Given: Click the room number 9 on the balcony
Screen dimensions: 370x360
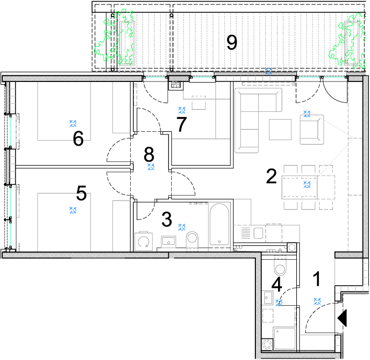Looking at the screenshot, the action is pos(232,43).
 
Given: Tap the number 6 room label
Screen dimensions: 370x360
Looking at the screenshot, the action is pos(78,138).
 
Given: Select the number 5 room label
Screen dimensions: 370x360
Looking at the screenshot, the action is pos(81,193).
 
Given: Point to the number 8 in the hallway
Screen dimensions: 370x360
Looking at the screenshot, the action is pos(149,155).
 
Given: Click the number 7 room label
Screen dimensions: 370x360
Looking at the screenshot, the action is pos(182,124).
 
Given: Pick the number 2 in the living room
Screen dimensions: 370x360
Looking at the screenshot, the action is pos(271,176).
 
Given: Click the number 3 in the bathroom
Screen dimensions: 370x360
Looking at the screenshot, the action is pos(167,219).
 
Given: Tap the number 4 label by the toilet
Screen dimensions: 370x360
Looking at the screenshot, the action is pos(277,285).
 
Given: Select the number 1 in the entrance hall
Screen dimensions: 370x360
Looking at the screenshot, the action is pos(317,279).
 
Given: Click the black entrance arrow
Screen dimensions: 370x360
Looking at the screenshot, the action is pos(342,318).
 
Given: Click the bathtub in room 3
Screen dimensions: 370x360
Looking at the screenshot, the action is pos(219,224).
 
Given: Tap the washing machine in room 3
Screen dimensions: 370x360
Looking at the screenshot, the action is pos(143,241).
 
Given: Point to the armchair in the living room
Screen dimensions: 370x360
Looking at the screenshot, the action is pos(312,130).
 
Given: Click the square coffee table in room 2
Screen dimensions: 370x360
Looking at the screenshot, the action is pos(280,130).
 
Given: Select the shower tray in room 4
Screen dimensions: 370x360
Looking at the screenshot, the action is pos(285,338).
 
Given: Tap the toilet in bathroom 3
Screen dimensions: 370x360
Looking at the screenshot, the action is pos(192,240).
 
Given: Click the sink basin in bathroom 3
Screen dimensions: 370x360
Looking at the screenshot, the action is pos(168,241).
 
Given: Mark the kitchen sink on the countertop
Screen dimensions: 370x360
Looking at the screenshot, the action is pos(258,233).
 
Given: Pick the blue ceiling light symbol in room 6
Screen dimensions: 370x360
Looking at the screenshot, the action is pos(73,123).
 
